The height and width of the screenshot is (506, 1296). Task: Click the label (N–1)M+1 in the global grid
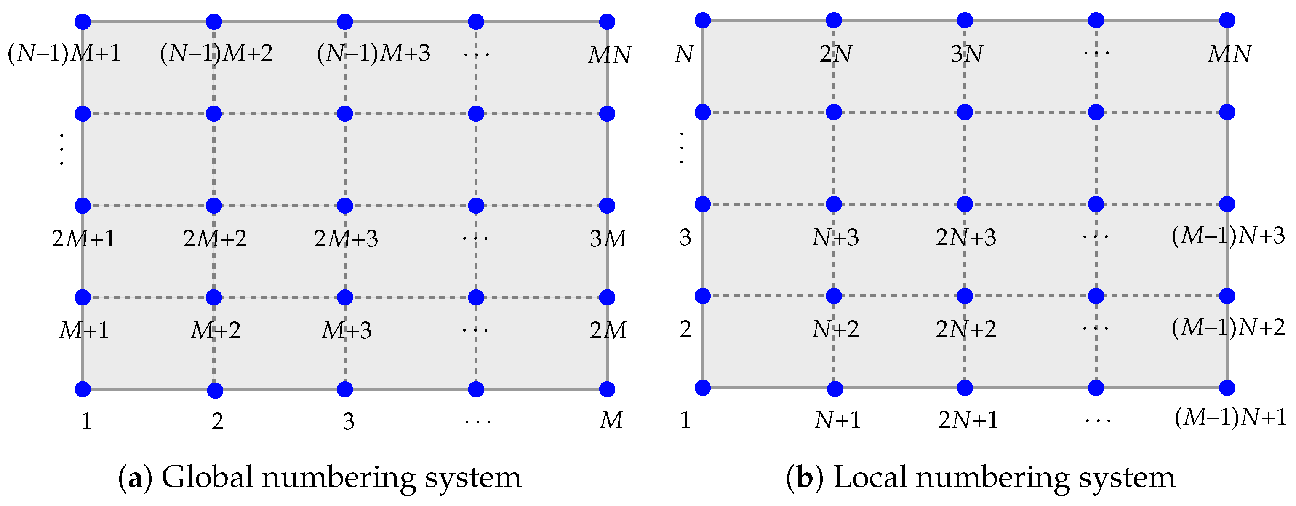coord(64,53)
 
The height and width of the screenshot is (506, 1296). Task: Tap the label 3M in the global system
coord(608,238)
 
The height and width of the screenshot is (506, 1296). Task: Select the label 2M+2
coord(215,238)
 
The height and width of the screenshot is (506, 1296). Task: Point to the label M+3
coord(347,331)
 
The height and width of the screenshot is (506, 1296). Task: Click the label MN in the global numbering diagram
coord(609,55)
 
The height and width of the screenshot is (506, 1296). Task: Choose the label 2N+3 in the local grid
coord(965,238)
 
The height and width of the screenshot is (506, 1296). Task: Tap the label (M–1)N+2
coord(1228,328)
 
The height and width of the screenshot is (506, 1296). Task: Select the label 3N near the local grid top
coord(966,54)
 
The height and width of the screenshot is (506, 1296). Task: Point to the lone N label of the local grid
coord(684,54)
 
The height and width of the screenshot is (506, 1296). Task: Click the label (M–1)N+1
coord(1230,418)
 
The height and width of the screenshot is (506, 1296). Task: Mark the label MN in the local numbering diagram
coord(1229,54)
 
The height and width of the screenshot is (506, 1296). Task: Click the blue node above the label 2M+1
coord(83,206)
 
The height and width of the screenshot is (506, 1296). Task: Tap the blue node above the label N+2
coord(834,295)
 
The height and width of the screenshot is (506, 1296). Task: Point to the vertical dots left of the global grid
coord(61,150)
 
